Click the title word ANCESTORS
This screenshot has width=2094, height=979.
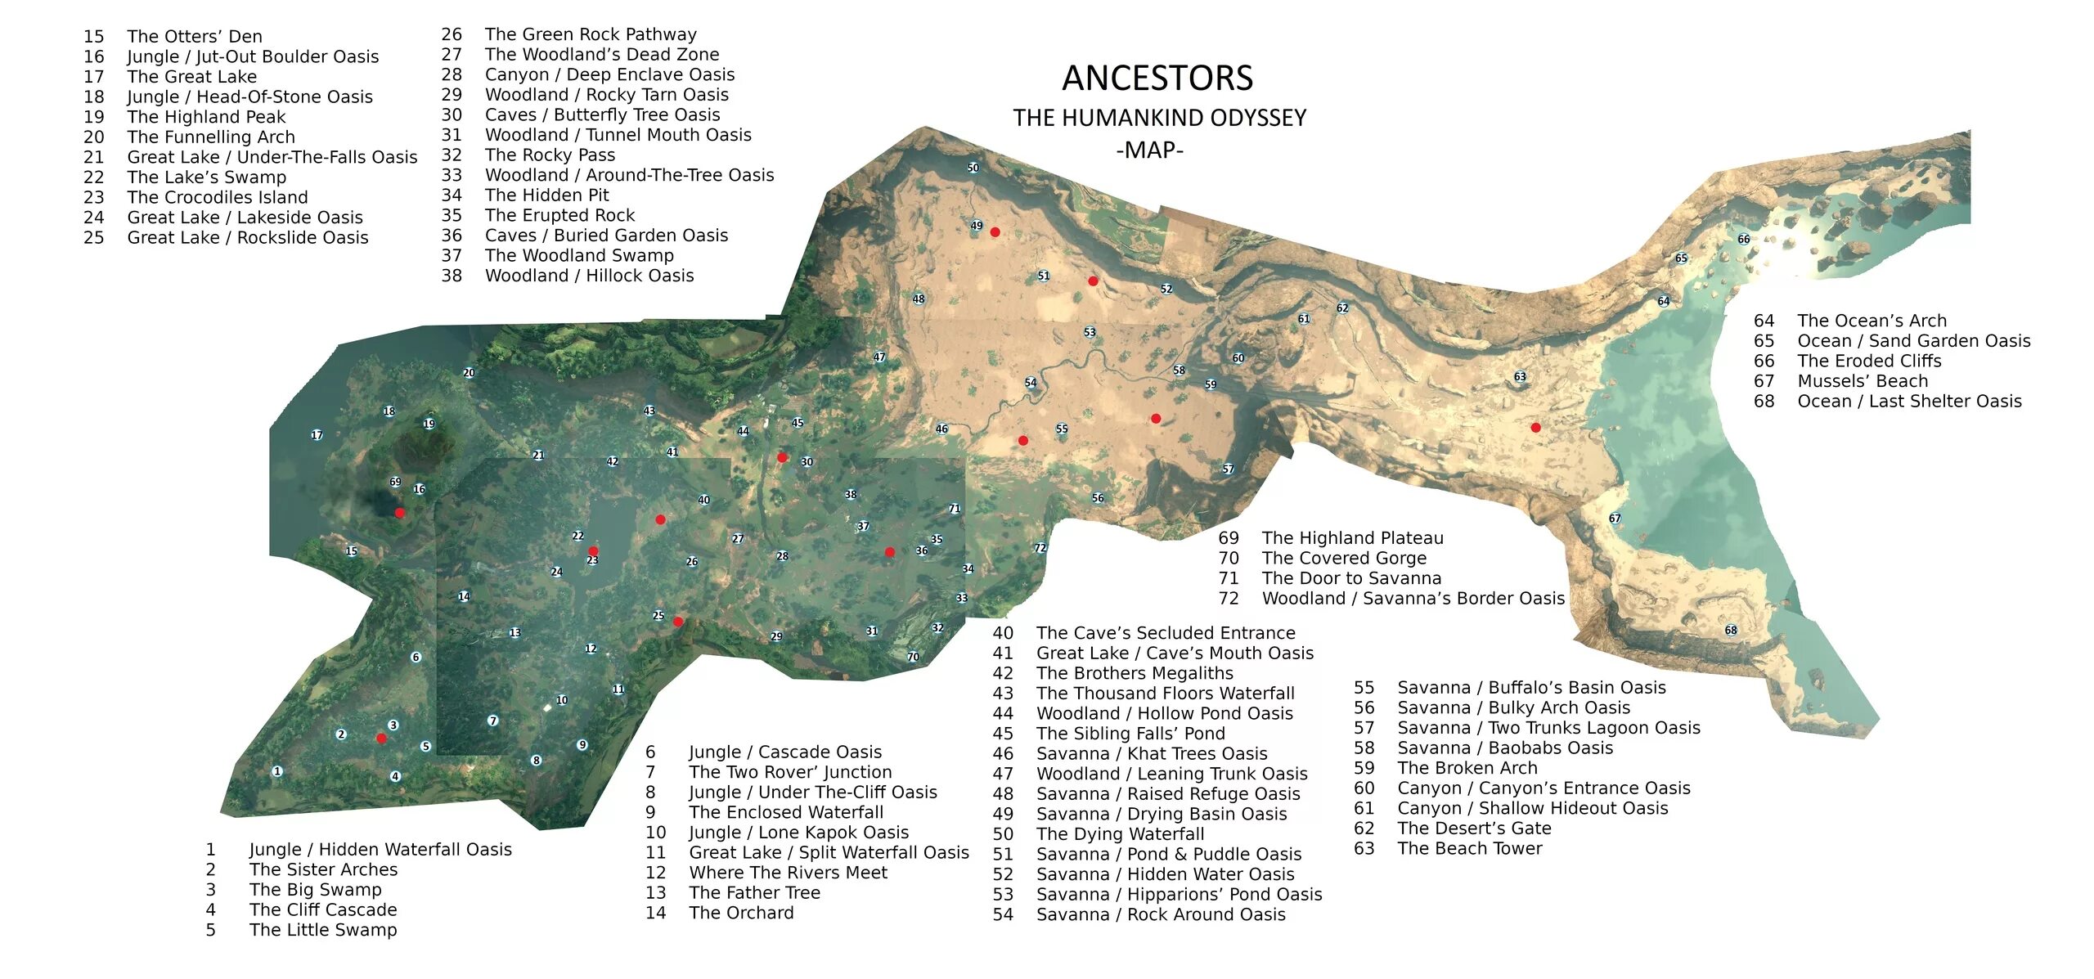(1157, 79)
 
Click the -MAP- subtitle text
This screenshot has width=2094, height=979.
(1149, 150)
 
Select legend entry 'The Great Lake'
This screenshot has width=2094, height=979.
(191, 77)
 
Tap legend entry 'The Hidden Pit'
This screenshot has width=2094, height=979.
(546, 195)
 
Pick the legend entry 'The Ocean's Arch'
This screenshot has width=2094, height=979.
(1872, 321)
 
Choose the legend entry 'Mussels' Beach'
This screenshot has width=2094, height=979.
(1862, 381)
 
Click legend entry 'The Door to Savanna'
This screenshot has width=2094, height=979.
(1351, 578)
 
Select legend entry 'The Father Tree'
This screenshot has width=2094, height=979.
(754, 893)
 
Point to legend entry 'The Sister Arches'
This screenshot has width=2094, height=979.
(323, 869)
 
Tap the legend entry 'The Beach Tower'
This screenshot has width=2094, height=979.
(1469, 848)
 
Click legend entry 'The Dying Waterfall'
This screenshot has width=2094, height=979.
(1120, 834)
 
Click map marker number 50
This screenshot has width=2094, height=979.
(973, 168)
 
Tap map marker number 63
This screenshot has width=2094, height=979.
(1520, 377)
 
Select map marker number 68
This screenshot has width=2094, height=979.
(1731, 631)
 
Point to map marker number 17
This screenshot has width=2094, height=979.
(317, 435)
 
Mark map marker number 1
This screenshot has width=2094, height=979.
(277, 771)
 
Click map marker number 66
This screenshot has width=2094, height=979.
(1744, 240)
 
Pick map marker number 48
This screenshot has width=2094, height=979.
(919, 299)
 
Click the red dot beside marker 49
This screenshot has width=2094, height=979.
(995, 232)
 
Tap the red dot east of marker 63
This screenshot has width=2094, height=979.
(1535, 428)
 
